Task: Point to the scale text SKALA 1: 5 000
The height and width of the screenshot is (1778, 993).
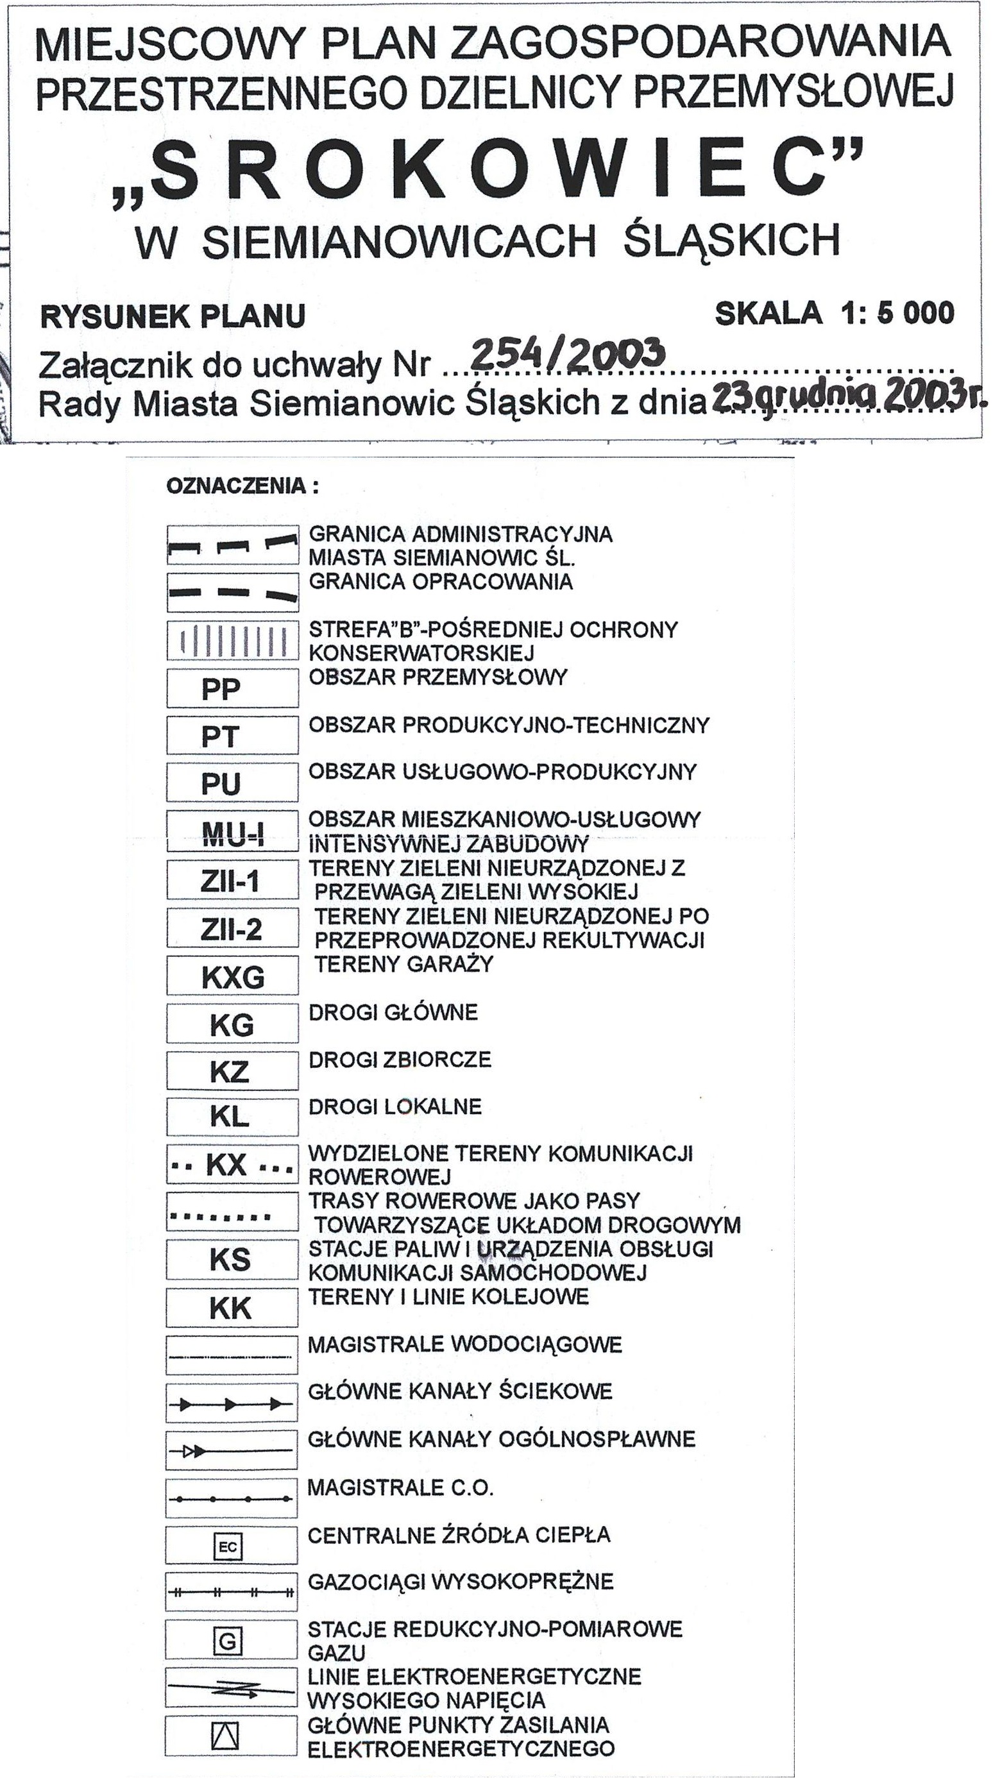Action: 835,314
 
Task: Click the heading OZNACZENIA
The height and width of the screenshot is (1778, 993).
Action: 242,486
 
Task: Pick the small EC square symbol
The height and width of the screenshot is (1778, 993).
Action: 228,1547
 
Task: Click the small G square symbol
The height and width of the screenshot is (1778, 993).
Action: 227,1641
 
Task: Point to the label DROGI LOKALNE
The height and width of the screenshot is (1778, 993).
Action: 395,1106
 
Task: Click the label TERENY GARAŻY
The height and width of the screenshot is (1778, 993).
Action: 403,963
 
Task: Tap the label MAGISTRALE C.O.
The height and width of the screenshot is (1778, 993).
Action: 400,1487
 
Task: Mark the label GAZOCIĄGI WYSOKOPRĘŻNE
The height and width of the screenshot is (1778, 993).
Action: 461,1582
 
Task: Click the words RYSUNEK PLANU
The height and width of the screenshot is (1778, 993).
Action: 173,317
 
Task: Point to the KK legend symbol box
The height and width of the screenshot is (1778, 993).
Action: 231,1308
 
